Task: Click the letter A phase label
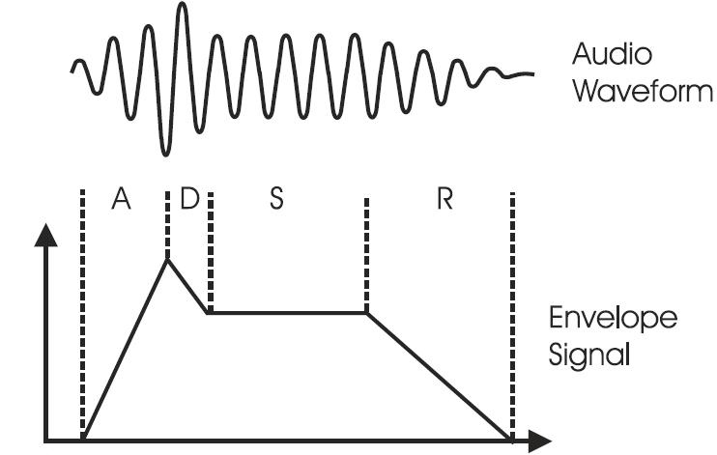tap(121, 199)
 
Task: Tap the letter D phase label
tap(189, 199)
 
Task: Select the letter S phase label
tap(276, 199)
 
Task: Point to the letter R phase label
tap(445, 199)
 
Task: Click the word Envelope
tap(614, 319)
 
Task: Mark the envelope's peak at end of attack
tap(168, 258)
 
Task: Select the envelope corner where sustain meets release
tap(367, 312)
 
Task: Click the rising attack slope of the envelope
tap(126, 349)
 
